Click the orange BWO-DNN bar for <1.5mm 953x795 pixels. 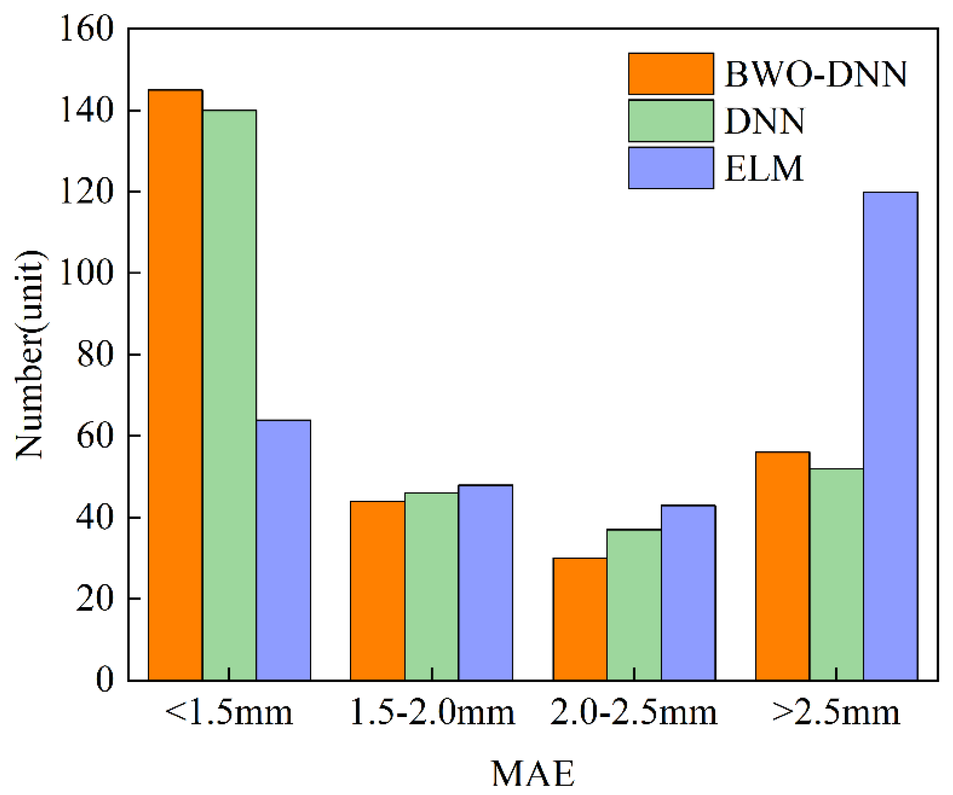175,386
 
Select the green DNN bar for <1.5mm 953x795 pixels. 229,394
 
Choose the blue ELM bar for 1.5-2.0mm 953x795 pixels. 485,583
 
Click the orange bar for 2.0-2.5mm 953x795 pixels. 580,619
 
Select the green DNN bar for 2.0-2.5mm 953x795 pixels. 634,605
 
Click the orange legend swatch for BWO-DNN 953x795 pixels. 671,74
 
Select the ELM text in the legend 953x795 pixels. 764,169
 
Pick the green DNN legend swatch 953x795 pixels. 671,121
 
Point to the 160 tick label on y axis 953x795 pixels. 86,28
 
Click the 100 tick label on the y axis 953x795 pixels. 86,273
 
